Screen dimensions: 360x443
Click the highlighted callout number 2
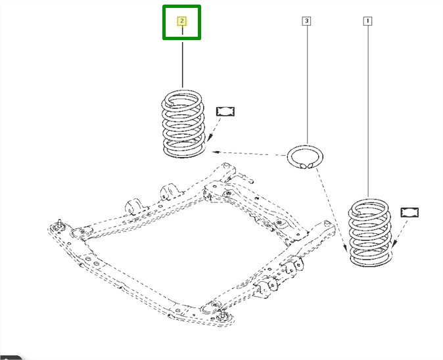pos(182,21)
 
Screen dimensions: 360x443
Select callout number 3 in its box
pos(306,21)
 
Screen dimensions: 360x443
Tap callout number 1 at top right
pos(367,21)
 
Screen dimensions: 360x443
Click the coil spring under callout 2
pos(183,125)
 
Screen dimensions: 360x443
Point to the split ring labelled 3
pos(305,158)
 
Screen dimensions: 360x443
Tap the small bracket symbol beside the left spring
pos(225,111)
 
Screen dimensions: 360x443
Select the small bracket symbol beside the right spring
pos(409,212)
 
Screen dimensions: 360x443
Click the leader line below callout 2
pos(182,62)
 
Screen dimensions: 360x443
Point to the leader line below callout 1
pos(367,112)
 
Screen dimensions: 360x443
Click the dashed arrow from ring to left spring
pos(250,155)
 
